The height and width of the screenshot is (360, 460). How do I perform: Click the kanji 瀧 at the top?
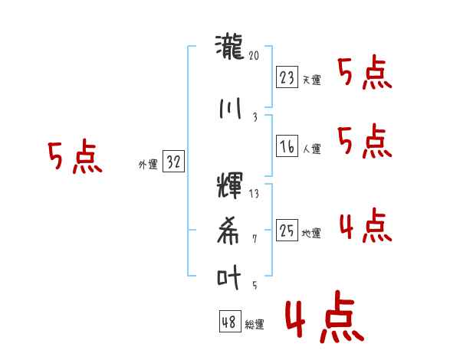(229, 47)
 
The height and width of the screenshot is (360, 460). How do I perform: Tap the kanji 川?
(230, 109)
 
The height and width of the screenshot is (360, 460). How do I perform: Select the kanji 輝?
(230, 185)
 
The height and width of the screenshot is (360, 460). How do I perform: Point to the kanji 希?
(228, 231)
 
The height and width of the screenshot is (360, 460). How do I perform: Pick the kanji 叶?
(228, 277)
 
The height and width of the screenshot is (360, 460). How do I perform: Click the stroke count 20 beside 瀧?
(254, 55)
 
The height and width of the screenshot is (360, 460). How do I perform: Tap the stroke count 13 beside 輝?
(254, 194)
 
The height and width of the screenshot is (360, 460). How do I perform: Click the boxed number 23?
(287, 77)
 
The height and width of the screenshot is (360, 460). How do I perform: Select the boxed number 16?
(287, 146)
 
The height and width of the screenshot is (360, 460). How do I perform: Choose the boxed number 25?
(287, 230)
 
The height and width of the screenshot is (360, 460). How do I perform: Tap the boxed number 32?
(173, 161)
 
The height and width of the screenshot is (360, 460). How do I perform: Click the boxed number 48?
(230, 321)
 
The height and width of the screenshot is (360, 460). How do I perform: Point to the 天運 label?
(311, 80)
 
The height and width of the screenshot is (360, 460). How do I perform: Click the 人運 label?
(311, 149)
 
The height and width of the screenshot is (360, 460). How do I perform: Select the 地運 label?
(311, 233)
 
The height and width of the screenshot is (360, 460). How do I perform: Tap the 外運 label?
(148, 164)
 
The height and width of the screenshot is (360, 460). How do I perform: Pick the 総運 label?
(255, 324)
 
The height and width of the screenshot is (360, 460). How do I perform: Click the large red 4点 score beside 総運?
(324, 316)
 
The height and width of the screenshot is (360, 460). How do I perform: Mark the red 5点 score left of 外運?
(75, 156)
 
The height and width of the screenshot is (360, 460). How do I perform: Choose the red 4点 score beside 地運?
(366, 225)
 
